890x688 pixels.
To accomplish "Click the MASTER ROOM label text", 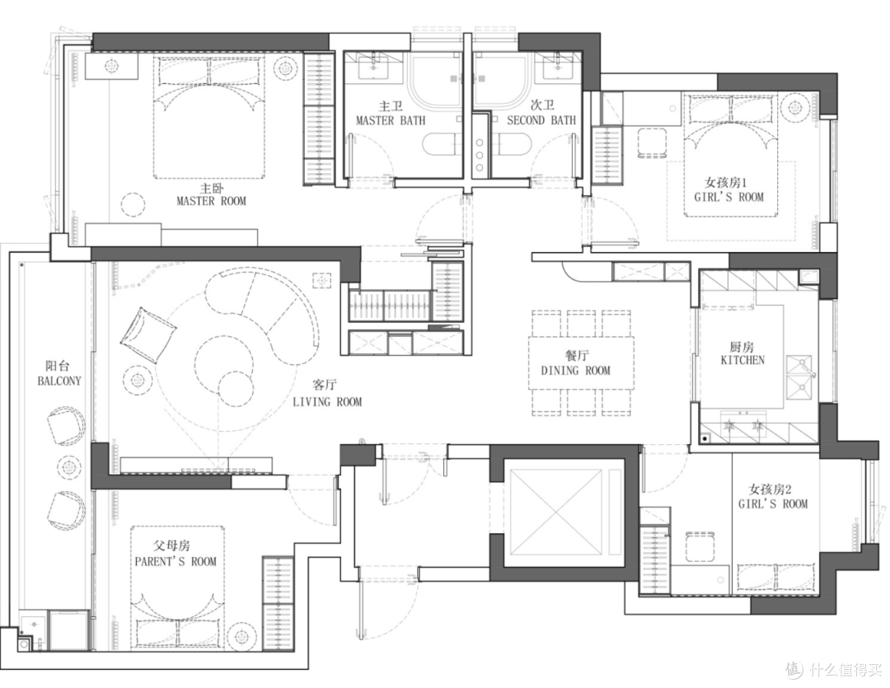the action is click(x=211, y=201).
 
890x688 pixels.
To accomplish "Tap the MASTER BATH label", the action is click(x=391, y=120).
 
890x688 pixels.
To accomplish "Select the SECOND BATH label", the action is click(x=541, y=120).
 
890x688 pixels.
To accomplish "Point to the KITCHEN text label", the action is click(x=742, y=360).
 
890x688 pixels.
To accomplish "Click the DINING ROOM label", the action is click(x=575, y=371).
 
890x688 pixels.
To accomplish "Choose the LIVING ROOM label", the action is click(x=327, y=402).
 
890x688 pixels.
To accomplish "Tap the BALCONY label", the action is click(x=59, y=381).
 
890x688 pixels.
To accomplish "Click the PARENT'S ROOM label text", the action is click(x=176, y=561).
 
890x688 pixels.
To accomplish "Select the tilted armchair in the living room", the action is click(x=147, y=335).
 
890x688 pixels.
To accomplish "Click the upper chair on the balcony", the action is click(x=67, y=426).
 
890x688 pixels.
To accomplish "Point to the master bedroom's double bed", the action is click(x=210, y=116).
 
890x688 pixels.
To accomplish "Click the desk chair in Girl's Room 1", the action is click(x=652, y=143).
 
